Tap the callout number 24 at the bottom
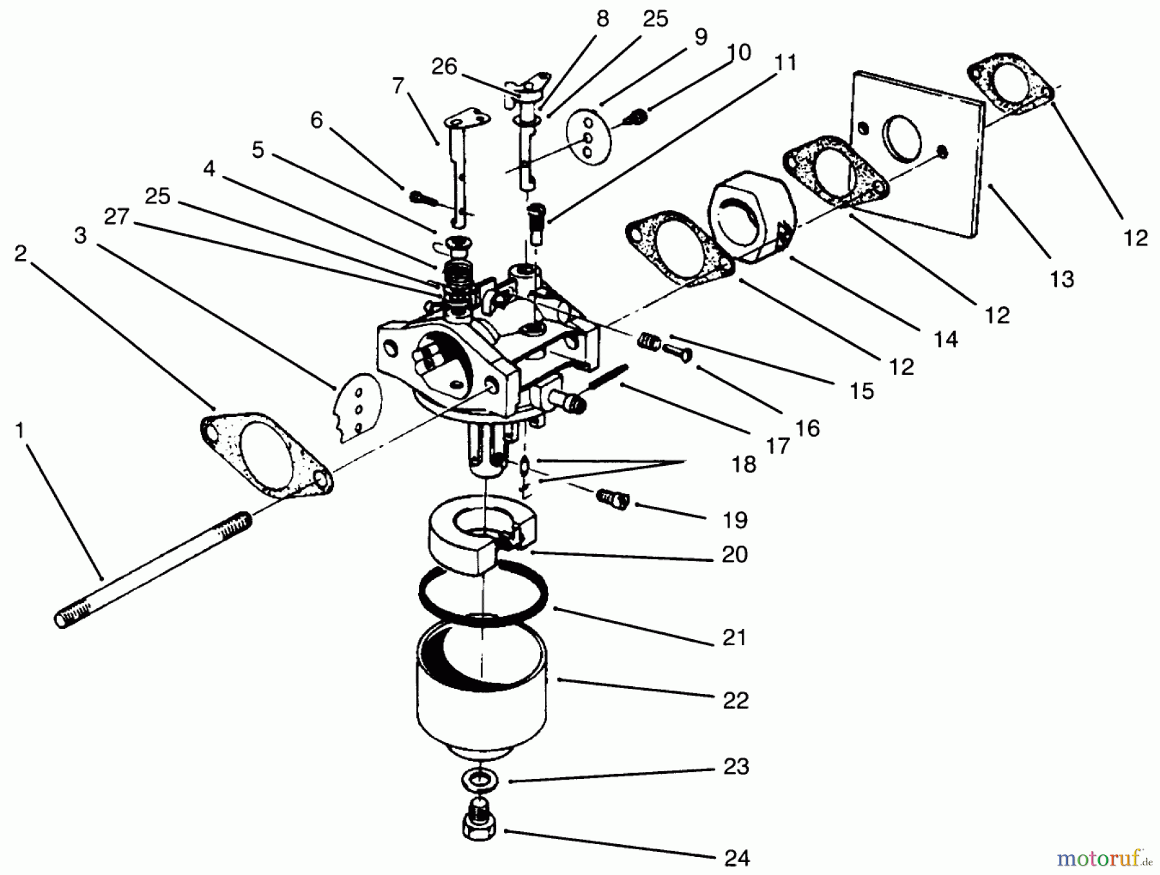[737, 858]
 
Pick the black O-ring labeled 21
[483, 591]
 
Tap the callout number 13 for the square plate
[1061, 279]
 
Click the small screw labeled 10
[637, 117]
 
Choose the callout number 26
[444, 66]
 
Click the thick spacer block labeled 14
[751, 216]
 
